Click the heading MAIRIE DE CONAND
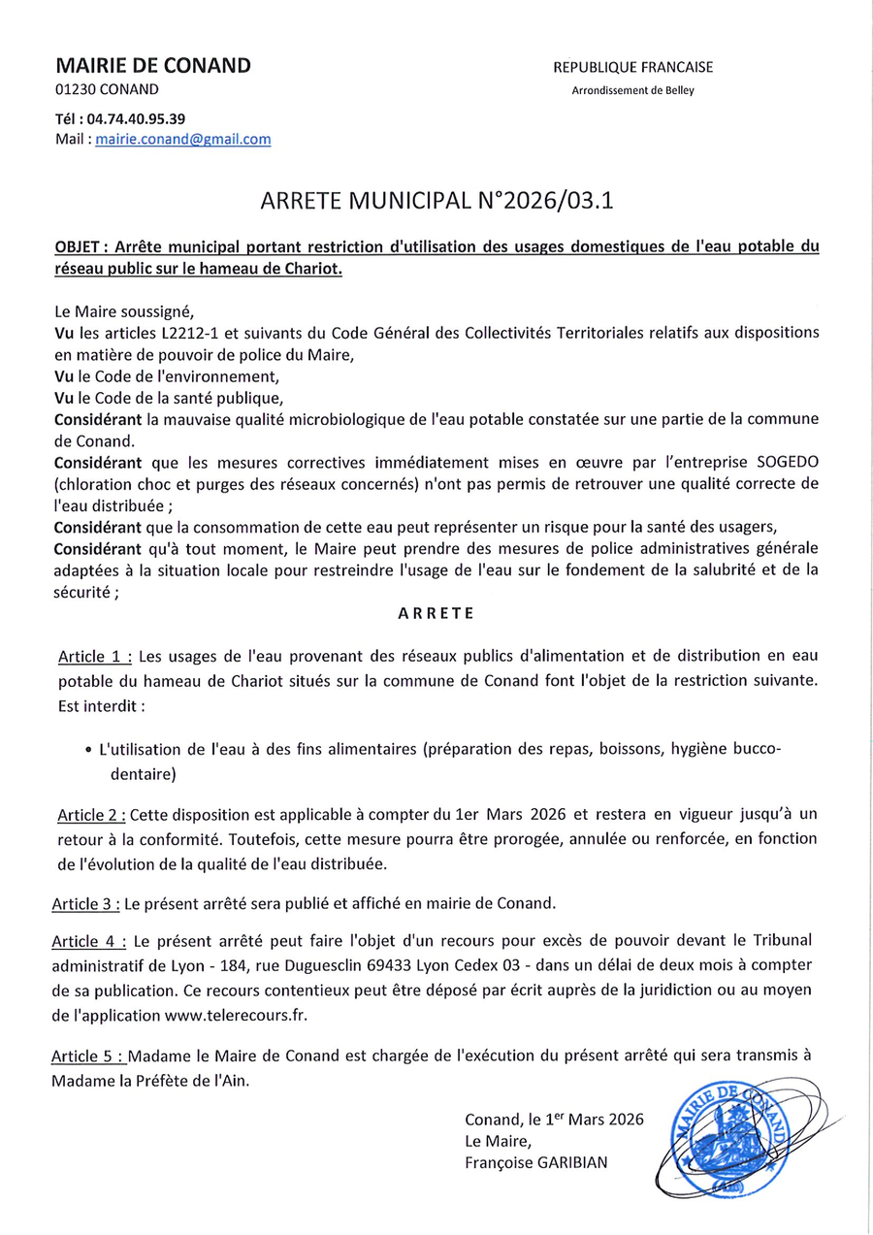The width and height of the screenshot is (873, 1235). point(153,66)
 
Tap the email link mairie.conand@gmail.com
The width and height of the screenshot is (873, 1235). point(183,139)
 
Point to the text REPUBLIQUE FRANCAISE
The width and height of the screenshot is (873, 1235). point(632,68)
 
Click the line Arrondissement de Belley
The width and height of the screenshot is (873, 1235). point(632,91)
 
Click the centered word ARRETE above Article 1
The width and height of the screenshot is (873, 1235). point(436,613)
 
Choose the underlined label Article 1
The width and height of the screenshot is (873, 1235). point(94,657)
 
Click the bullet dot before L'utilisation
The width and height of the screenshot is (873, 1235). point(88,751)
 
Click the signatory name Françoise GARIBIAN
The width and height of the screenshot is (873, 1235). point(536,1162)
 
